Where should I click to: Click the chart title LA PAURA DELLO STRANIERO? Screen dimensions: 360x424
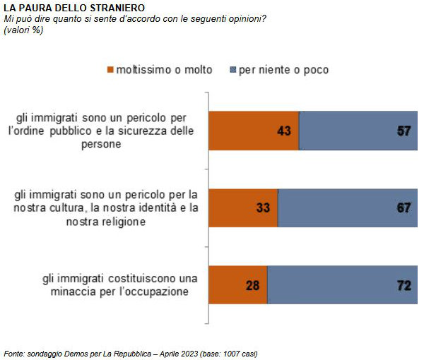click(65, 7)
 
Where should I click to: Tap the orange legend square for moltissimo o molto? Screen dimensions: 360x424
click(110, 70)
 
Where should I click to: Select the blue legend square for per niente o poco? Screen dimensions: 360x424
click(233, 70)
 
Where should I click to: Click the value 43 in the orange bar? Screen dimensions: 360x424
click(285, 131)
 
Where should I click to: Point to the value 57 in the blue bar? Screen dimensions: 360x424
click(404, 131)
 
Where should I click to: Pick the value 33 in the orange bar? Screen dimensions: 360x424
click(264, 208)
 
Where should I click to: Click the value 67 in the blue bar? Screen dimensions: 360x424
click(404, 208)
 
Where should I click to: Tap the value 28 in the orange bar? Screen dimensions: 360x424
click(253, 285)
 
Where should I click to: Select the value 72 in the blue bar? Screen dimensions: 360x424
click(404, 285)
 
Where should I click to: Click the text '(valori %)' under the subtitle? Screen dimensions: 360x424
click(23, 30)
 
